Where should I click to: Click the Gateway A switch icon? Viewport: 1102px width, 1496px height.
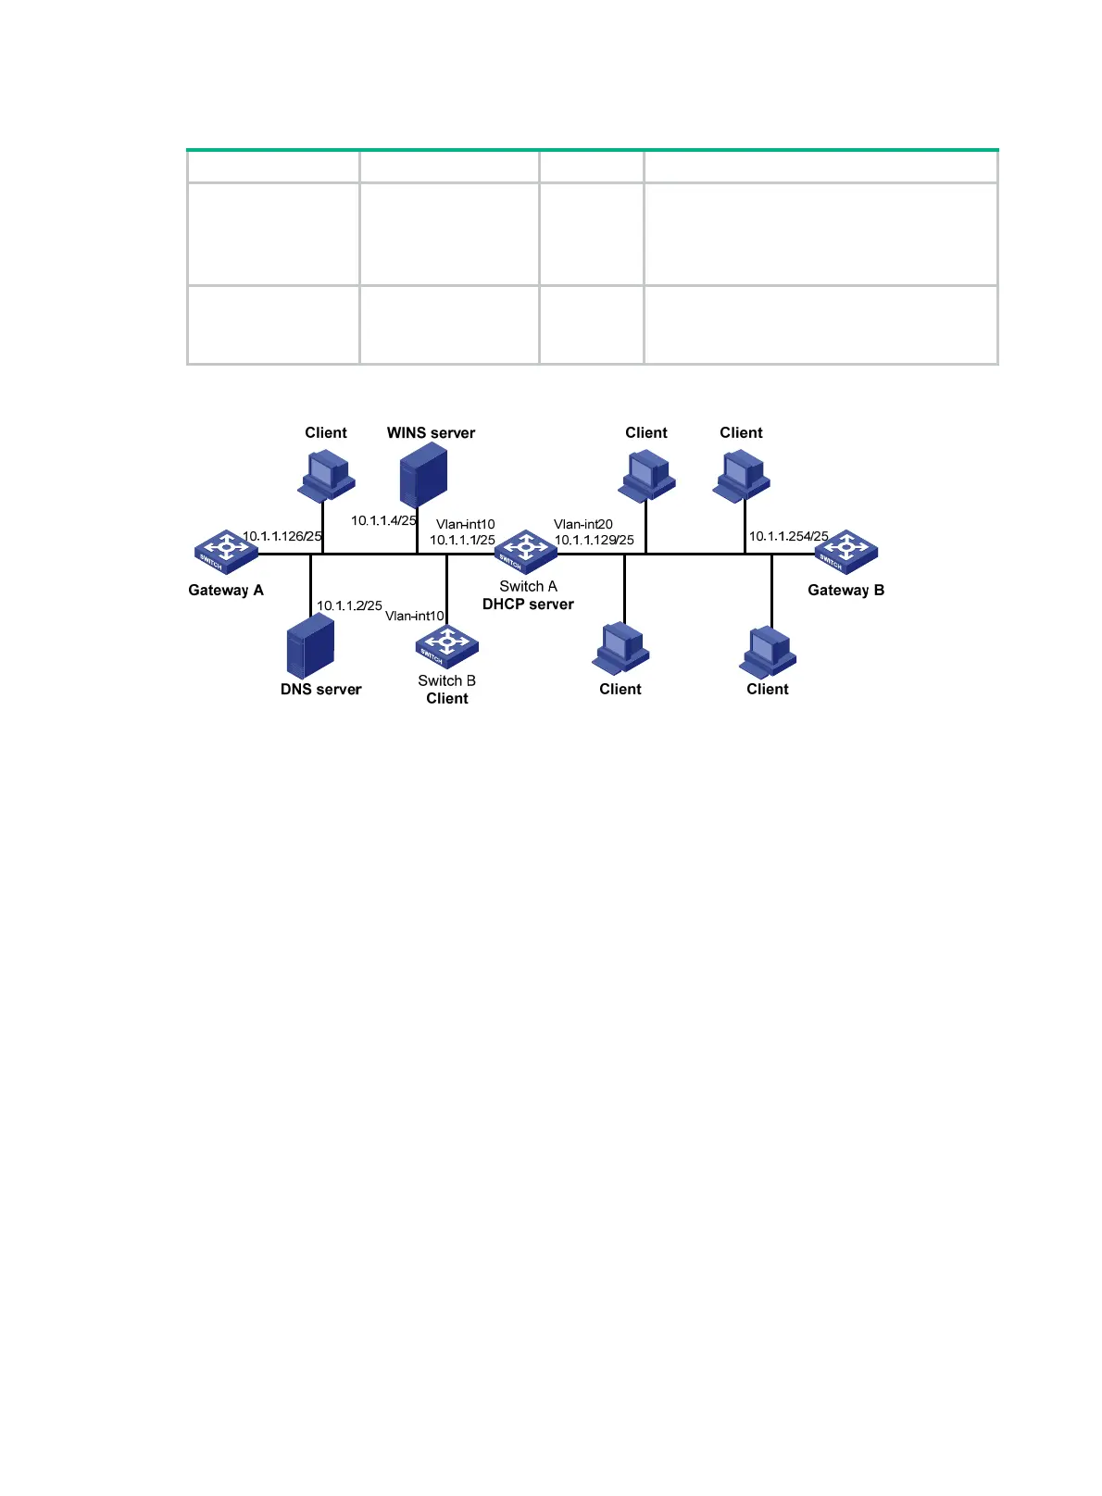226,552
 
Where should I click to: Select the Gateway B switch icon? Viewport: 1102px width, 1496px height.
846,552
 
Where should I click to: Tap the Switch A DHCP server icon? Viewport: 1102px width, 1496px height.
526,552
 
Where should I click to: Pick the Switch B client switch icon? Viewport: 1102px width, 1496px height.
447,647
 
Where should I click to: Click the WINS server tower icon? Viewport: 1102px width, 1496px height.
423,474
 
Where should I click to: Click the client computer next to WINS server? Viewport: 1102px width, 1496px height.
327,475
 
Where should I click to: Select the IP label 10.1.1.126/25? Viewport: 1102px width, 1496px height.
282,536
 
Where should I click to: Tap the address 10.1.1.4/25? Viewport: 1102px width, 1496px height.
383,520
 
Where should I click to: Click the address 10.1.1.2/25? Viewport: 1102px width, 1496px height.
349,605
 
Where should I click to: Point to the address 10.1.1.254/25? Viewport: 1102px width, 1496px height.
789,536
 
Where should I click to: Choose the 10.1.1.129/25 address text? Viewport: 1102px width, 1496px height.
595,540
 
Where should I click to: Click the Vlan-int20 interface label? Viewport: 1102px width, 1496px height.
583,524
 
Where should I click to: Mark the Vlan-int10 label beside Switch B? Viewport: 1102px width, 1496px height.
415,616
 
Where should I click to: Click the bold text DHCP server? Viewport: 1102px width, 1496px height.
528,604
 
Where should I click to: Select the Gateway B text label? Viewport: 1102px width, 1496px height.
845,590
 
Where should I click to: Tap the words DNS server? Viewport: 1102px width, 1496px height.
321,689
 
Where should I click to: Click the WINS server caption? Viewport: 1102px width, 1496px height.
431,432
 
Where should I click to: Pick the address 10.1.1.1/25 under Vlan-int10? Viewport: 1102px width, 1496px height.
462,540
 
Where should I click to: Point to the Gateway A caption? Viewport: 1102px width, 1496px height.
226,590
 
